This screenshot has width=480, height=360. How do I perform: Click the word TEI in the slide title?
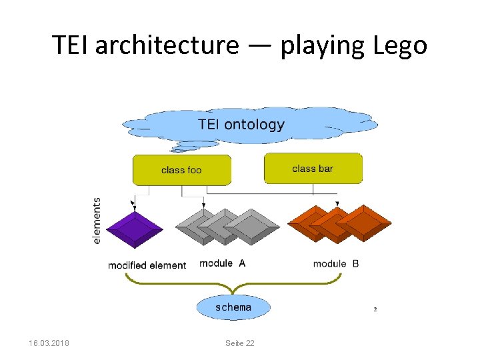pos(71,45)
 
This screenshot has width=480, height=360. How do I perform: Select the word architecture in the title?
pos(166,45)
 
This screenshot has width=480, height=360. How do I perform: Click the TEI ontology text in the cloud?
pos(241,125)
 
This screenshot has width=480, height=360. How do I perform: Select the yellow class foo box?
pos(181,170)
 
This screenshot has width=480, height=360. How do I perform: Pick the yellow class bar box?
pos(313,168)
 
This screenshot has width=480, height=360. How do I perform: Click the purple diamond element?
pos(135,228)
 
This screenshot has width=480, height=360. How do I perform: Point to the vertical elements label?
pos(97,220)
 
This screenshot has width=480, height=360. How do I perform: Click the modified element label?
pos(147,265)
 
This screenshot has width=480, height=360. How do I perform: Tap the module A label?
pos(222,263)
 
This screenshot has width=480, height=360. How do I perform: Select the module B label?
pos(336,263)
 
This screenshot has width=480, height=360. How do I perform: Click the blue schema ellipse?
pos(233,307)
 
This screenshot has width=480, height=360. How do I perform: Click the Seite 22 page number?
pos(239,343)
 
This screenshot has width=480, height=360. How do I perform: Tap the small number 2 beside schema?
pos(375,309)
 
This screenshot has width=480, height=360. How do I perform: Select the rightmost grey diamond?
pos(252,227)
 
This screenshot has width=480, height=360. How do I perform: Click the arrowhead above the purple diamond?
pos(135,203)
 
